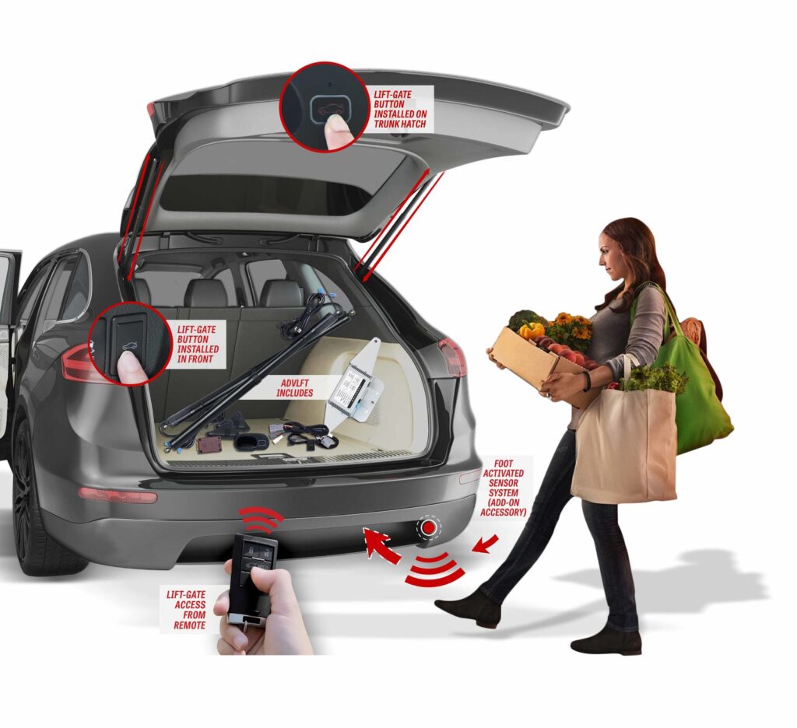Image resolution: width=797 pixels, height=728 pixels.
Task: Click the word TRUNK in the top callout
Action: (388, 124)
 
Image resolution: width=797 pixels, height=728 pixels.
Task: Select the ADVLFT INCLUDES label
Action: (294, 388)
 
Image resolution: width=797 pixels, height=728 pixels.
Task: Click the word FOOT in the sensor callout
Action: (504, 464)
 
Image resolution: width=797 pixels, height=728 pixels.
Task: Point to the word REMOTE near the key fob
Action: (190, 625)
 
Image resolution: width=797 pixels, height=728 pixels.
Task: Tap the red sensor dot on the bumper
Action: (429, 528)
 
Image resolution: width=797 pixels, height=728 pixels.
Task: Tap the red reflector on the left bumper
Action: (117, 495)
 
